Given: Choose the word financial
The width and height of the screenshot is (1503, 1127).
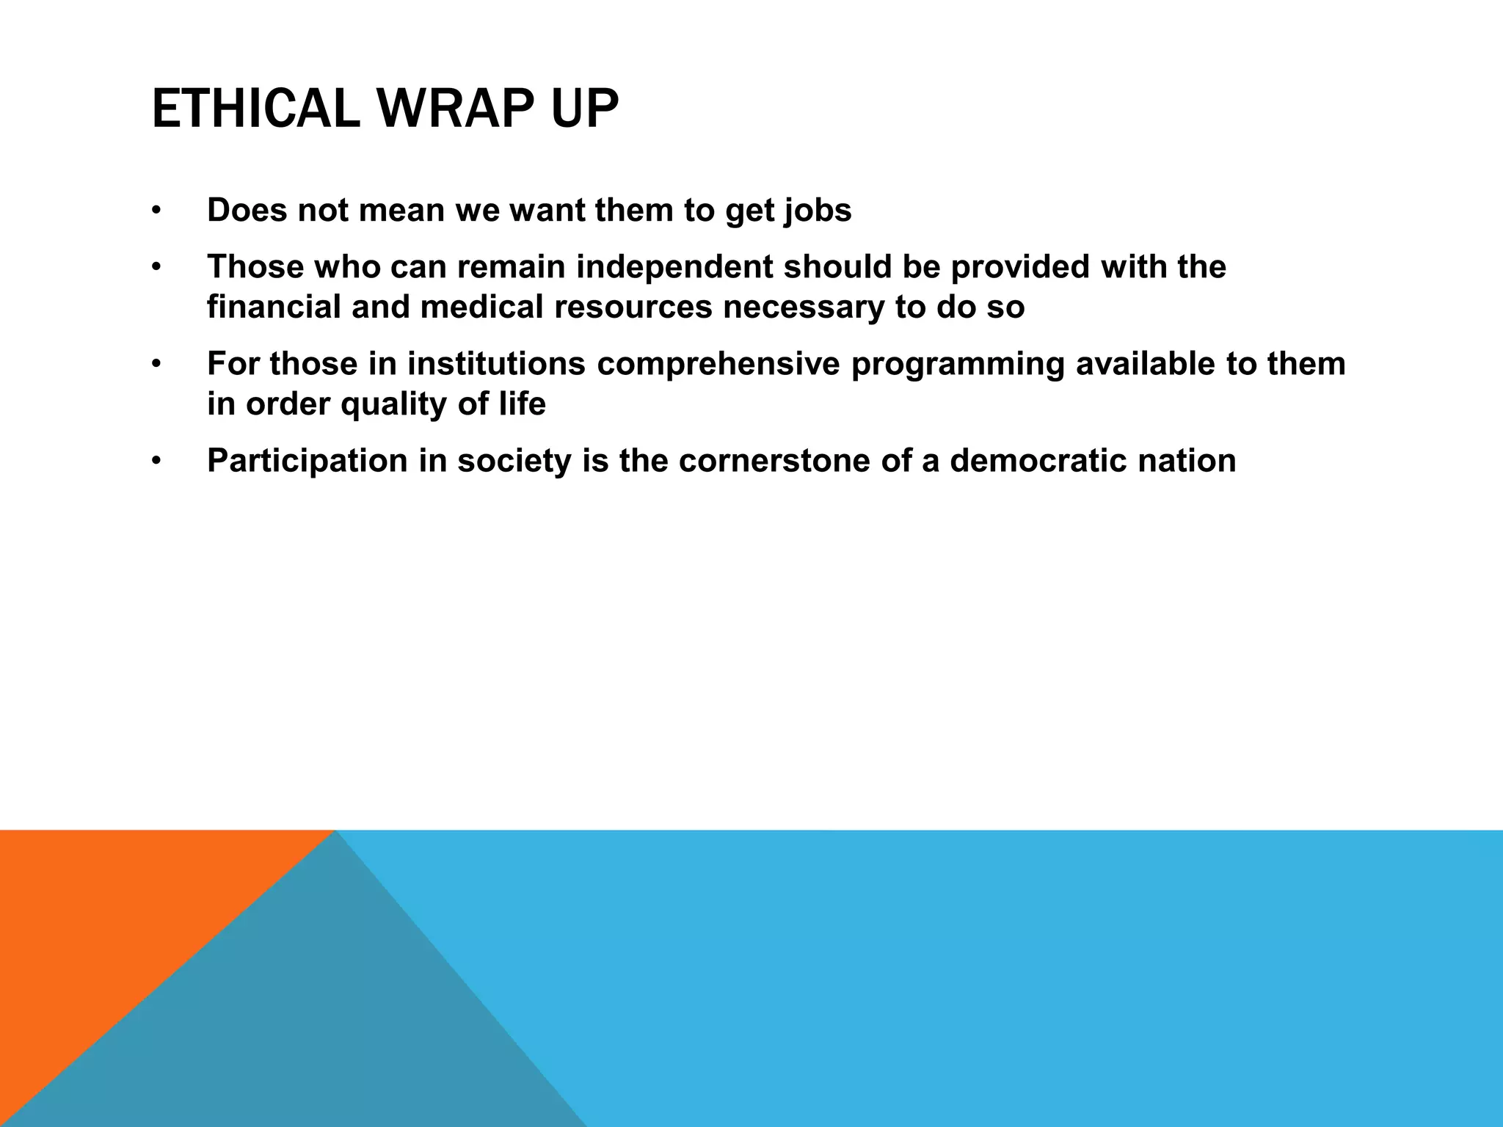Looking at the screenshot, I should (x=274, y=307).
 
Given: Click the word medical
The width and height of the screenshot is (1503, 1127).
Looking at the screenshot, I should (x=481, y=307).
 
